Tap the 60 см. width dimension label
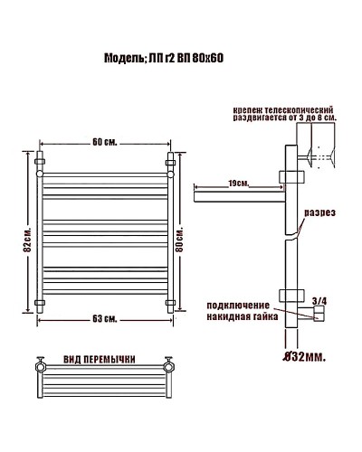click(105, 142)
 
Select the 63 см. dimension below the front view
click(105, 318)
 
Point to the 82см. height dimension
click(28, 240)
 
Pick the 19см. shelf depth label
click(240, 183)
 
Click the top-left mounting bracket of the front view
click(40, 163)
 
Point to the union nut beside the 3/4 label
click(317, 315)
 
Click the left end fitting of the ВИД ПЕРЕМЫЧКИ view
click(42, 368)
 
